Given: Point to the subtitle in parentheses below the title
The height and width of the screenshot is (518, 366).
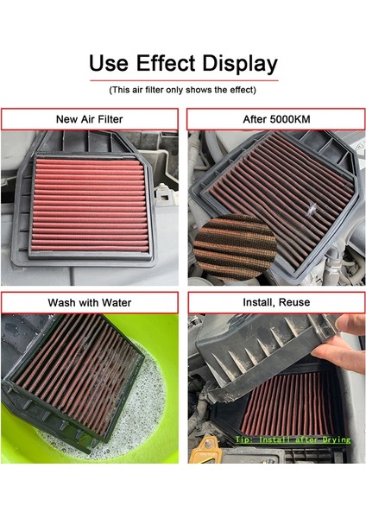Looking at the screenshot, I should (x=182, y=90).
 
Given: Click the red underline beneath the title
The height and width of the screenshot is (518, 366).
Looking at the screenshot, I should (x=182, y=80).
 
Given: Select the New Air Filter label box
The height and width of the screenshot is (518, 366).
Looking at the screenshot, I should (x=90, y=119).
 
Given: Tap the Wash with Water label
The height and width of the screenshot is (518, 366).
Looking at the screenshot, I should (x=90, y=302).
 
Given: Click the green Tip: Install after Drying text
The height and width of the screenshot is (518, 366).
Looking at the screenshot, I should (x=293, y=439).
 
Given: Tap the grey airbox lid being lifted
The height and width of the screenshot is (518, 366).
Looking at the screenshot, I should (x=259, y=354).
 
